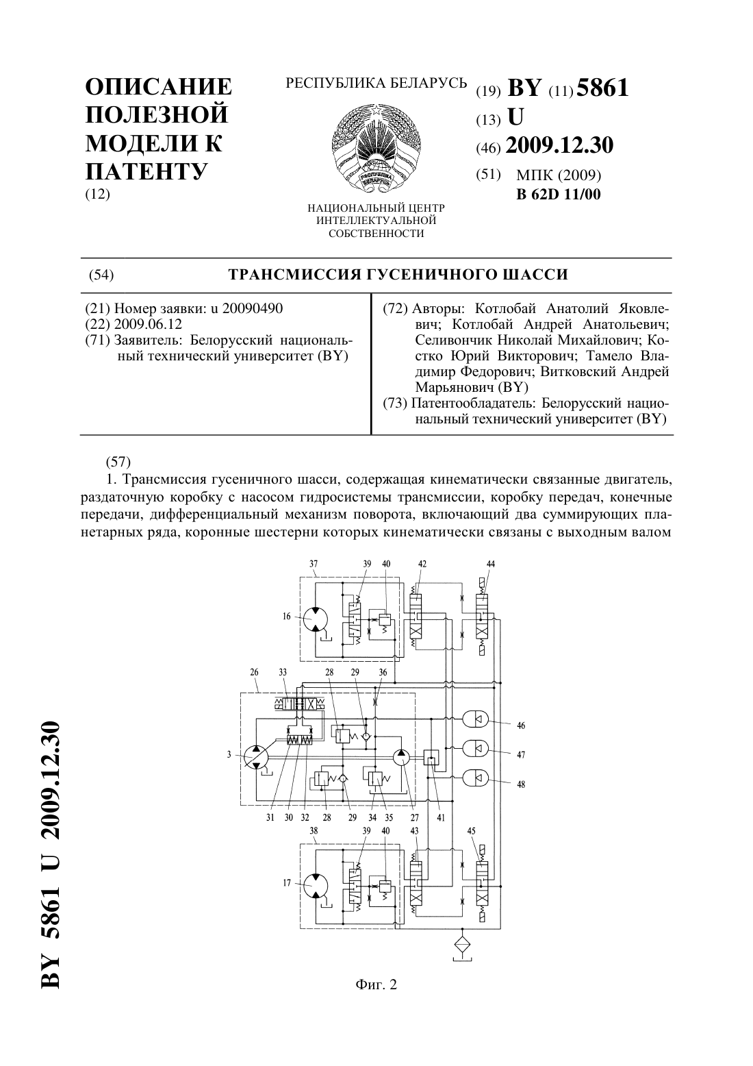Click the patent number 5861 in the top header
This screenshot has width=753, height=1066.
pyautogui.click(x=602, y=88)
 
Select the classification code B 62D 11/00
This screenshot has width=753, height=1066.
pyautogui.click(x=559, y=194)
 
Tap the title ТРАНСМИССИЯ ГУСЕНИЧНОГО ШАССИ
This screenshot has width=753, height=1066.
pyautogui.click(x=398, y=275)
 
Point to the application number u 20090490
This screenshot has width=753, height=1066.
pyautogui.click(x=246, y=308)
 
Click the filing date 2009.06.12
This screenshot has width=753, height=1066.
pyautogui.click(x=148, y=324)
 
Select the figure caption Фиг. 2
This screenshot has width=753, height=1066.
pyautogui.click(x=376, y=984)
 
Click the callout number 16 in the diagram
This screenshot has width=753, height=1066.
pyautogui.click(x=286, y=617)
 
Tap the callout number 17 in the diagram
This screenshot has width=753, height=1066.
pyautogui.click(x=287, y=883)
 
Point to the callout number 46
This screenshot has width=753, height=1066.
pyautogui.click(x=521, y=726)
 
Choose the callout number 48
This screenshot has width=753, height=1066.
pyautogui.click(x=521, y=784)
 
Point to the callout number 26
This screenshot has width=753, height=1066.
pyautogui.click(x=255, y=673)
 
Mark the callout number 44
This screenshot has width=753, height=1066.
pyautogui.click(x=491, y=564)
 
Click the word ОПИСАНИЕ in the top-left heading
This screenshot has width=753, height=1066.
pyautogui.click(x=158, y=88)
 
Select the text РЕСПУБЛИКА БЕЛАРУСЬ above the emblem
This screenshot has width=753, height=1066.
pyautogui.click(x=376, y=84)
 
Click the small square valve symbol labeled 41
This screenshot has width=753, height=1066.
pyautogui.click(x=431, y=756)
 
